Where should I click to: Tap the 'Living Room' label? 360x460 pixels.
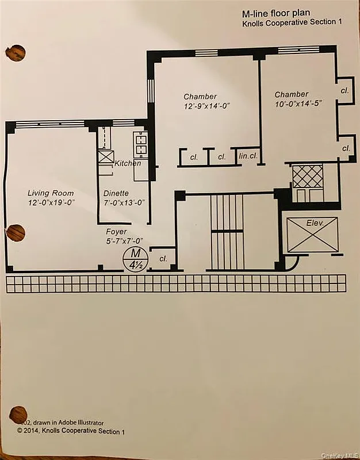pyautogui.click(x=51, y=193)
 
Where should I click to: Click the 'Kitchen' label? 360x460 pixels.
pyautogui.click(x=128, y=164)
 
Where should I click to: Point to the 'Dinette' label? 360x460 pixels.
pyautogui.click(x=116, y=194)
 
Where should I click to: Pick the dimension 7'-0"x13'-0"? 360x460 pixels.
pyautogui.click(x=123, y=202)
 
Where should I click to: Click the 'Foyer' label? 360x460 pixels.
pyautogui.click(x=116, y=232)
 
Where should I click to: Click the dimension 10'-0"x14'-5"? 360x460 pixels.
pyautogui.click(x=297, y=103)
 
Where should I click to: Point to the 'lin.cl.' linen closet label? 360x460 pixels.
pyautogui.click(x=247, y=156)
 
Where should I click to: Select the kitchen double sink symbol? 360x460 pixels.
pyautogui.click(x=140, y=144)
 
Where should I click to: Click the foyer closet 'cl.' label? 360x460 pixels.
pyautogui.click(x=163, y=259)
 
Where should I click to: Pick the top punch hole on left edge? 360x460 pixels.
pyautogui.click(x=15, y=53)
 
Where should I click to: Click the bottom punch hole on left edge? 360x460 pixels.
pyautogui.click(x=18, y=413)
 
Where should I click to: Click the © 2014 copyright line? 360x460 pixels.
pyautogui.click(x=70, y=430)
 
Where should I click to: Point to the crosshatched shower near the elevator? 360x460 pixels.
pyautogui.click(x=308, y=175)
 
